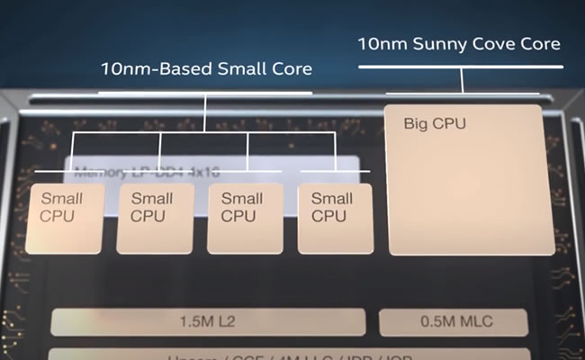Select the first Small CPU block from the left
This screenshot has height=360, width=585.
click(63, 218)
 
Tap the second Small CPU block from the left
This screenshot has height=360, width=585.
click(154, 218)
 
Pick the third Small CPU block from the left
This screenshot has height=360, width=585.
click(244, 218)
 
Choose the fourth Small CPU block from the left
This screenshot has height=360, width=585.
click(334, 218)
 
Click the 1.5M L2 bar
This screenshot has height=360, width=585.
click(208, 322)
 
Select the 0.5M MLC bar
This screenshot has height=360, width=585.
click(452, 322)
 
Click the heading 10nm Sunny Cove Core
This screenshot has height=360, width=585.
click(459, 43)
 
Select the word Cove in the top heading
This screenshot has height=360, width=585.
click(488, 43)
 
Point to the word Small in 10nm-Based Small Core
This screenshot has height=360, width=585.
click(242, 69)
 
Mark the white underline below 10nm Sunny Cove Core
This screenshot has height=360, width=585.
click(461, 67)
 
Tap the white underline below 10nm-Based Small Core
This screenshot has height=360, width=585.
click(204, 92)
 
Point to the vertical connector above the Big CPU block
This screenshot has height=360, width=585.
click(463, 80)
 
